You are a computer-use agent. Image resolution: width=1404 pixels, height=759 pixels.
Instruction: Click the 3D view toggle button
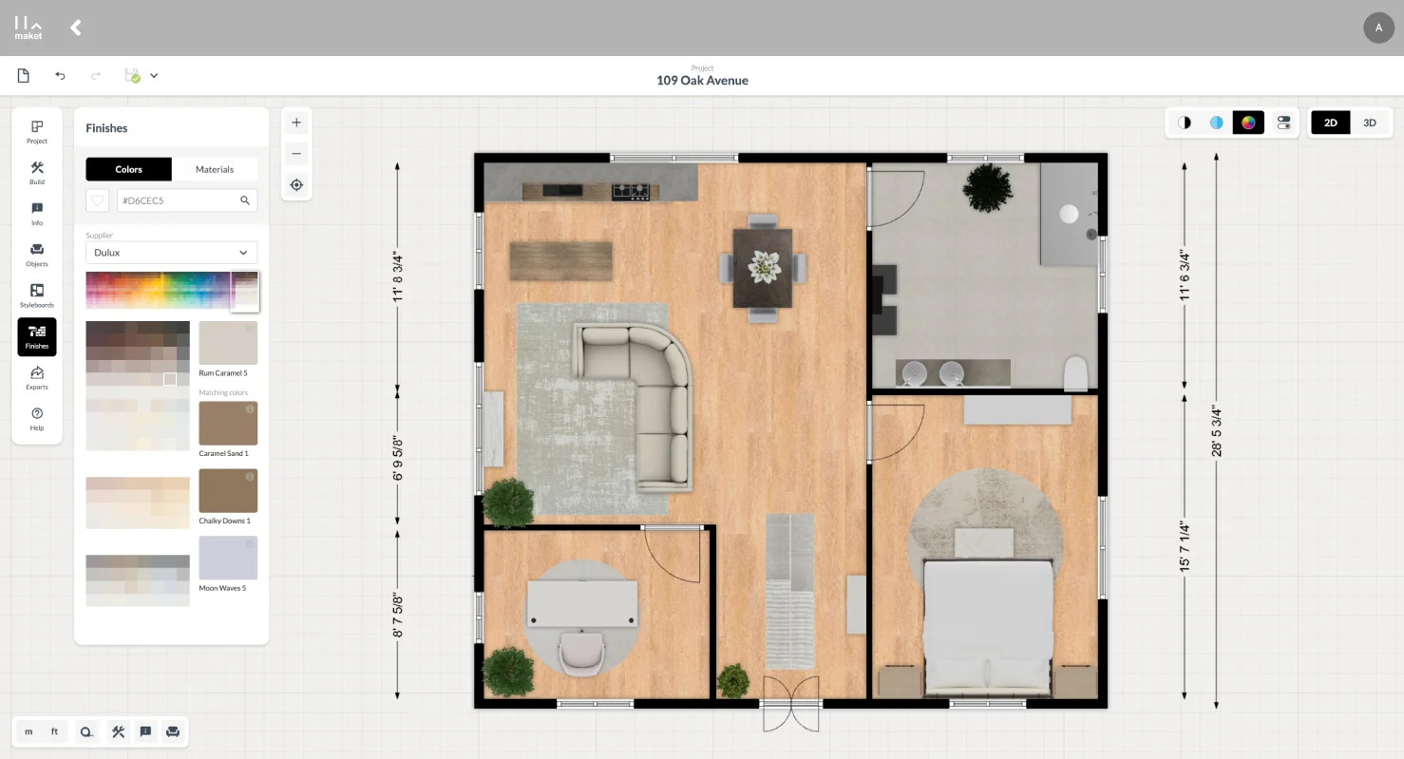tap(1370, 123)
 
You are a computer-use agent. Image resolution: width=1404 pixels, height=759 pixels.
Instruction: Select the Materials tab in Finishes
tap(215, 169)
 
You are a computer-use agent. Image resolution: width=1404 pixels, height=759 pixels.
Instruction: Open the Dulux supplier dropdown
tap(171, 253)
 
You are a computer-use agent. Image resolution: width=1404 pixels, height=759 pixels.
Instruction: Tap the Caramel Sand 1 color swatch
tap(228, 423)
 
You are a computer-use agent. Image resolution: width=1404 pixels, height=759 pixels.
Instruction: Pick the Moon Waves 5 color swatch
tap(228, 558)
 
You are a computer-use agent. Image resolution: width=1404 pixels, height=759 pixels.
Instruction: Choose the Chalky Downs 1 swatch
tap(228, 491)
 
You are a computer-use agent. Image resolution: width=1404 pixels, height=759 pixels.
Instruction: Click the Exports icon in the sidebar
tap(37, 378)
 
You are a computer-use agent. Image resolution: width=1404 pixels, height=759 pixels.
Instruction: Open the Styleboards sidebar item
tap(37, 295)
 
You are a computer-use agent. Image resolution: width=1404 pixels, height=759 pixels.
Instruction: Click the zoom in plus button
tap(296, 123)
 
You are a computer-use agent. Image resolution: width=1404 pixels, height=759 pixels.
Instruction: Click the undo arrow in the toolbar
tap(60, 76)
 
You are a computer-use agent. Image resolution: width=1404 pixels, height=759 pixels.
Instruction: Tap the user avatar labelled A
tap(1378, 28)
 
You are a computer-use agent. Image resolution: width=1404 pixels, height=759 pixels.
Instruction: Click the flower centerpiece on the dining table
tap(764, 267)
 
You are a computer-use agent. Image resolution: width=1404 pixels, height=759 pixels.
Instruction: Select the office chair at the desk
tap(581, 653)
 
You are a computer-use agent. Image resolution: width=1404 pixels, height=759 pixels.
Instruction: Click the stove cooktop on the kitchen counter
tap(631, 191)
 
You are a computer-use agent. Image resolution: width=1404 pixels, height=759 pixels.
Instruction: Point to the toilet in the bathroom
tap(1076, 373)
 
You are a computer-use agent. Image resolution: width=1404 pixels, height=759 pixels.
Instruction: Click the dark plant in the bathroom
tap(987, 187)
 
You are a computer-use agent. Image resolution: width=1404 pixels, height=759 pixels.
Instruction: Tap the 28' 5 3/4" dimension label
tap(1217, 430)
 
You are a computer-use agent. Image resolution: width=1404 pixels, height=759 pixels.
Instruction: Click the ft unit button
tap(54, 731)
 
